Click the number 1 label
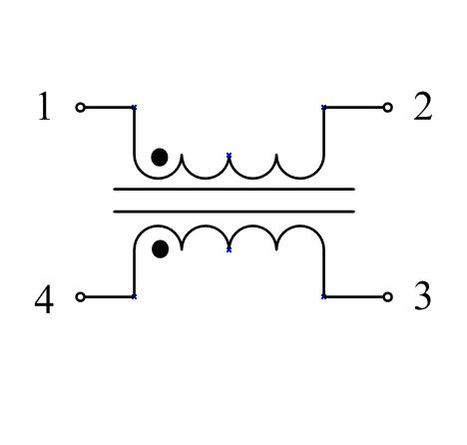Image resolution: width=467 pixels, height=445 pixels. (x=44, y=106)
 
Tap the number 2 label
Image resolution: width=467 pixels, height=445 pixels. (x=423, y=106)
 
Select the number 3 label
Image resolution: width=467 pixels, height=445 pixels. (x=423, y=295)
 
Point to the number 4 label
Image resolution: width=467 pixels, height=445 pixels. (x=44, y=298)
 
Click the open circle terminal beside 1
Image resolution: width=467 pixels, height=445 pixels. (x=80, y=108)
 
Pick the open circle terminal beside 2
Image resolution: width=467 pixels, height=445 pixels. (x=387, y=108)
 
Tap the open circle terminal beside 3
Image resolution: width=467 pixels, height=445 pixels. (x=387, y=296)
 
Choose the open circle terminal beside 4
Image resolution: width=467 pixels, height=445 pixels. (x=80, y=296)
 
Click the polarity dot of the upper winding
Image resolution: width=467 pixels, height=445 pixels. (x=160, y=158)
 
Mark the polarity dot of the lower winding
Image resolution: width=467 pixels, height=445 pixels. (x=160, y=248)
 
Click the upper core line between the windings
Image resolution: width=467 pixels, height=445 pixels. (x=234, y=189)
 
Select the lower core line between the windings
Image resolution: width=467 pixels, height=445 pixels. (x=234, y=212)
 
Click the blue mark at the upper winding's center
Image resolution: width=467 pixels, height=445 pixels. (x=229, y=156)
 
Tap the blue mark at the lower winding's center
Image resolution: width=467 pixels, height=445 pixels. (x=229, y=249)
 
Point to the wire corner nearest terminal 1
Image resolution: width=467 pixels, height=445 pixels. (x=134, y=108)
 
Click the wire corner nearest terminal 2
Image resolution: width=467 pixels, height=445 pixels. (x=324, y=108)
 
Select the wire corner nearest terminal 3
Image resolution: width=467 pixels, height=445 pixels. (x=324, y=296)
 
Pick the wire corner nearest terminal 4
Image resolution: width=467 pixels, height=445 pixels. (x=134, y=296)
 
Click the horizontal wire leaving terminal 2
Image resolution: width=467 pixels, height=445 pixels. (x=353, y=108)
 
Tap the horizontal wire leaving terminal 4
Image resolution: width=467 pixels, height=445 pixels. (x=109, y=296)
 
